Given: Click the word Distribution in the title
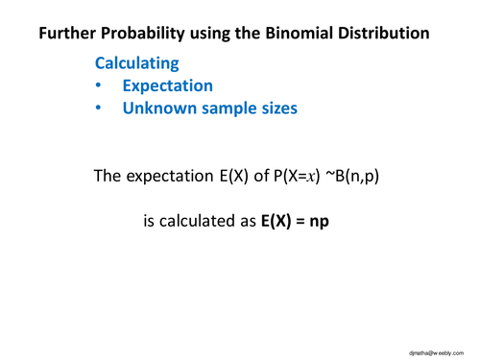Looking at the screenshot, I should click(380, 36).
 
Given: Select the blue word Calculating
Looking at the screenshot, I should click(136, 63).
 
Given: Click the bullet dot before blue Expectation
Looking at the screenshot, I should click(100, 86).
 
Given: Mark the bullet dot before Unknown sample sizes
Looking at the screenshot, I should click(100, 108).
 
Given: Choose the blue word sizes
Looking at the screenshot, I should click(277, 108).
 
